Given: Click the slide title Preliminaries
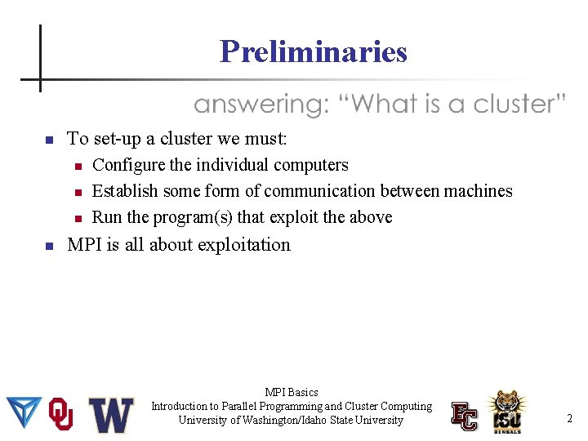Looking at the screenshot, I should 313,52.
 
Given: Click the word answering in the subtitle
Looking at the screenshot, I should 259,105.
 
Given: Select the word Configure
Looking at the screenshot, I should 128,165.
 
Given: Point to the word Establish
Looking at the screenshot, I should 125,191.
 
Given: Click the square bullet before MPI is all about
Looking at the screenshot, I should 48,245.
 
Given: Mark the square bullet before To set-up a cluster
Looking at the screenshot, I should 48,140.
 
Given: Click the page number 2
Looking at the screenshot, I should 569,419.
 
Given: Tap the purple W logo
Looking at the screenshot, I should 111,415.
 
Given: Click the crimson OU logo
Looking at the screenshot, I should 61,414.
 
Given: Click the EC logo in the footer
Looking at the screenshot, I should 465,416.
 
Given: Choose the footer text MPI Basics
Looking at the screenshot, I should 292,393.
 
